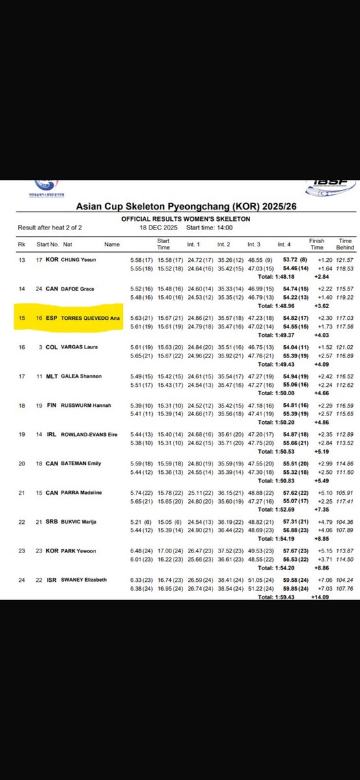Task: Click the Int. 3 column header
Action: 254,244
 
